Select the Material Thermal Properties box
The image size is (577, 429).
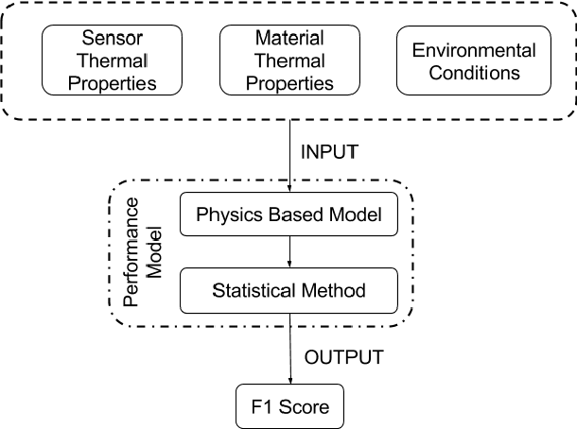(289, 61)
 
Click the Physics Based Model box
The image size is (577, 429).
(288, 215)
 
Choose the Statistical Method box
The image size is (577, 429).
(288, 290)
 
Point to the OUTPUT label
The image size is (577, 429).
(343, 356)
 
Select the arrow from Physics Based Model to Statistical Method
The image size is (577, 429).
(288, 252)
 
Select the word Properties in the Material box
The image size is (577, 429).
(289, 83)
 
